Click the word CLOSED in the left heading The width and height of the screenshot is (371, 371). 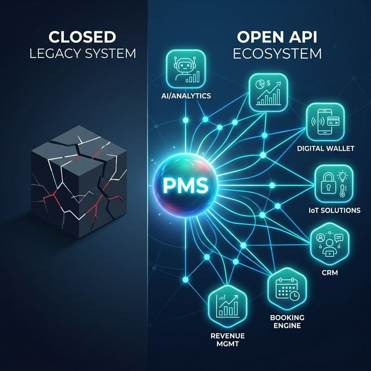point(82,37)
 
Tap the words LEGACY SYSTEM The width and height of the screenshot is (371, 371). point(82,53)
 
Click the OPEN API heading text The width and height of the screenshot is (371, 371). point(277,37)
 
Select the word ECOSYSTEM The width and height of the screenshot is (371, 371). point(277,53)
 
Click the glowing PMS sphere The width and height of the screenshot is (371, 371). point(185,185)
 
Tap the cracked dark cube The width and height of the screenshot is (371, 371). point(79,181)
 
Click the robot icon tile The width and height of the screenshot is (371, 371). point(186,69)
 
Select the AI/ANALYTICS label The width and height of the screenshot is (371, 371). point(185,96)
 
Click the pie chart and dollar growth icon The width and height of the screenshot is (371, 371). point(268,92)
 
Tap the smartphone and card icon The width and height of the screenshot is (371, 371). point(325,122)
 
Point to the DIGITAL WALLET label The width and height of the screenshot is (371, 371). point(326,148)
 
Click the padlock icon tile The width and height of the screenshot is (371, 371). point(334,184)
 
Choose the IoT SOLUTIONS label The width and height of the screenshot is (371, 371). point(334,210)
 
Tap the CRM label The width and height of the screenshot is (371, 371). point(330,273)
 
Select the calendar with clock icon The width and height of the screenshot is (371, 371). point(288,289)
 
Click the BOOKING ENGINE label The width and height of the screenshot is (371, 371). point(288,321)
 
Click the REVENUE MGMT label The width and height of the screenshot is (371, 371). point(228,340)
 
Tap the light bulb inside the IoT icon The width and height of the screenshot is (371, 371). point(342,176)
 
